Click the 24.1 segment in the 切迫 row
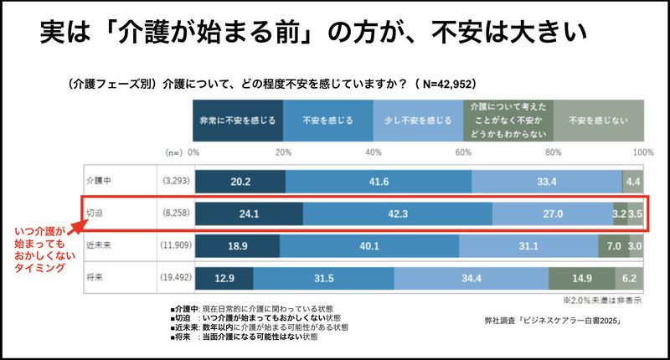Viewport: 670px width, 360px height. [248, 213]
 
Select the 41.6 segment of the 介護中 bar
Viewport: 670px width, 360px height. [379, 182]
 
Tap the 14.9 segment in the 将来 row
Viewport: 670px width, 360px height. [581, 278]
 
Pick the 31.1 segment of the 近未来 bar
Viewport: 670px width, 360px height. [528, 246]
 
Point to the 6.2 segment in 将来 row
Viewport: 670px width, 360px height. [629, 278]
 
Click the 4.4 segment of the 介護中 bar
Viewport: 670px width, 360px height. [632, 182]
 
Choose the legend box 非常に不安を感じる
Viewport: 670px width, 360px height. [238, 120]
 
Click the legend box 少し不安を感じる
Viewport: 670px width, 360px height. [417, 120]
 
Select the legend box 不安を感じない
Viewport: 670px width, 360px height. [598, 120]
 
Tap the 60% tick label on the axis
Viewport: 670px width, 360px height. [462, 153]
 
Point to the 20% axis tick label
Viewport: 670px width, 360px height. [283, 153]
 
